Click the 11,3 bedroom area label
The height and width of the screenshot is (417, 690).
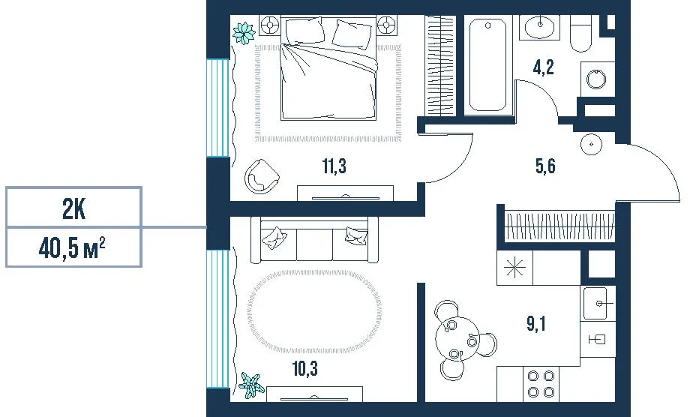point(334,166)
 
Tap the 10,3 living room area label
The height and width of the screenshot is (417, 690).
point(305,368)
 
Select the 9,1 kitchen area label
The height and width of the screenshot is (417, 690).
point(536,324)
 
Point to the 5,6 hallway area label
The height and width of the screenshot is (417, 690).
point(545,166)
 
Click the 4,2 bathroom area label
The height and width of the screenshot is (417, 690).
point(544,67)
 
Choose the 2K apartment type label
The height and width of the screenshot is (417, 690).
point(73,209)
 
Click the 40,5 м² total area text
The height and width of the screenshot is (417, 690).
point(72,248)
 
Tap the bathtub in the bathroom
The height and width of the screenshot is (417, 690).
point(488,64)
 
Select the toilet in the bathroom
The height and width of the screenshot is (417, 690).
point(580,34)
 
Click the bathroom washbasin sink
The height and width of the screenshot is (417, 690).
point(540,27)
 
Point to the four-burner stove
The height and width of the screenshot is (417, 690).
point(541,383)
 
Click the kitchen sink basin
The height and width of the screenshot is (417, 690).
point(595,304)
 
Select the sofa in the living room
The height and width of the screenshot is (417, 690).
point(314,240)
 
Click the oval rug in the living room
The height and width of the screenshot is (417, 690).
point(314,312)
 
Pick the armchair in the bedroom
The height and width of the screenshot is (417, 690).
point(262,176)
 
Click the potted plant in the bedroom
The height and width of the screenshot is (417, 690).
point(244,33)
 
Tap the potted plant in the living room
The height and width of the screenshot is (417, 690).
point(252,385)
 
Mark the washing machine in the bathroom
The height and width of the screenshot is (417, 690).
point(597,79)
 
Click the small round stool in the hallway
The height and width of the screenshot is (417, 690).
point(591,144)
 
